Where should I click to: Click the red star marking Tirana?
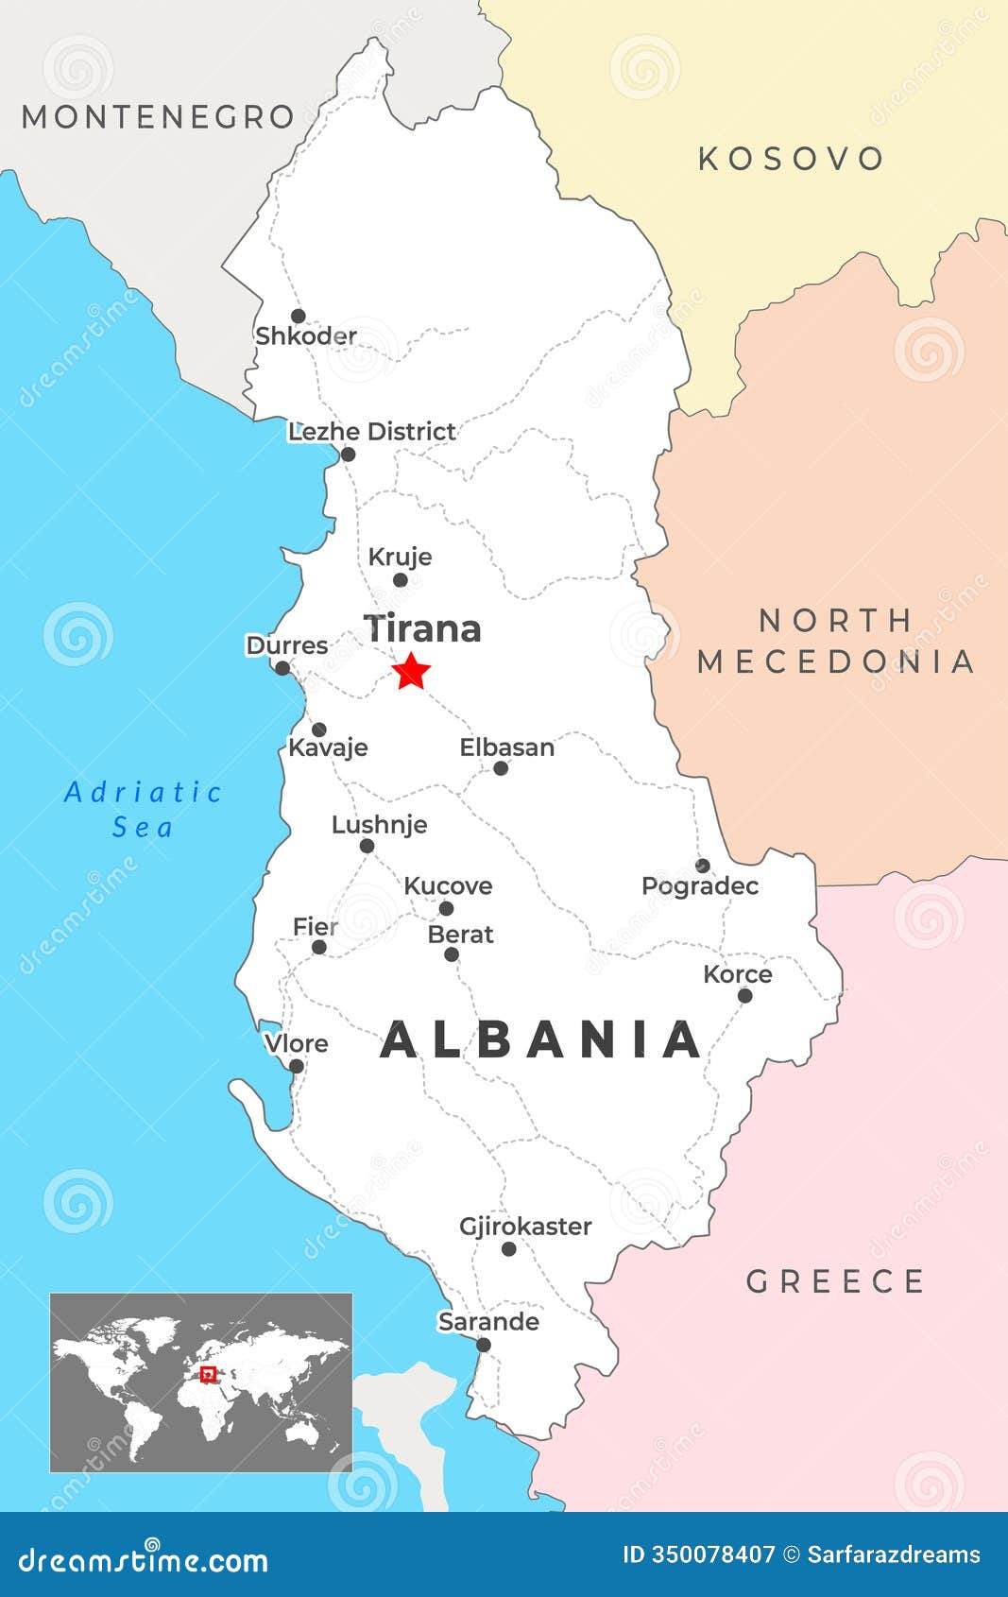point(411,671)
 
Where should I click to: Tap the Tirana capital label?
point(423,629)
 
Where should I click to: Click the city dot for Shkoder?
point(298,316)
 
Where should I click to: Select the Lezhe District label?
point(371,432)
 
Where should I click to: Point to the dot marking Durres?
point(282,668)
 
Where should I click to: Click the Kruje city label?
point(400,557)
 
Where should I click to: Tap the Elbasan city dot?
point(501,768)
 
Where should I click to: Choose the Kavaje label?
point(328,747)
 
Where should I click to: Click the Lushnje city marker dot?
point(367,846)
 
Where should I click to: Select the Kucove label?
point(448,886)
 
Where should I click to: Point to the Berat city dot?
point(452,954)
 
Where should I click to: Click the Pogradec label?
point(700,886)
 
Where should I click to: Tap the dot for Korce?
point(744,995)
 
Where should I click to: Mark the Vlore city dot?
point(296,1066)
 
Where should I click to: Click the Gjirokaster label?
point(525,1227)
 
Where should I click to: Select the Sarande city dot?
point(484,1345)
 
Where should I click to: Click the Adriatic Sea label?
point(143,809)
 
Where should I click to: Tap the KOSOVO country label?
point(791,159)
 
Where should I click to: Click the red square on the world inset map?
point(209,1374)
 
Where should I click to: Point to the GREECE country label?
point(835,1282)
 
